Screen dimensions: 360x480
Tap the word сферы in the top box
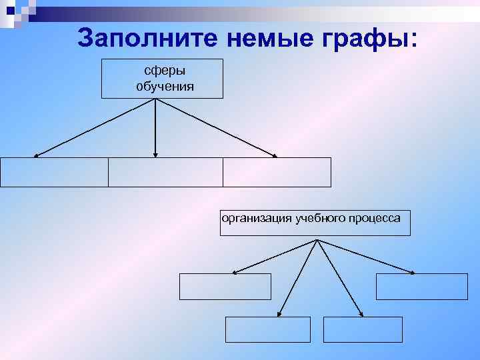163,71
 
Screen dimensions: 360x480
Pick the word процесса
377,219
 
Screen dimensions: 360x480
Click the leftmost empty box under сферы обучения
54,172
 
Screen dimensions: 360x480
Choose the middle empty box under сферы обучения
165,172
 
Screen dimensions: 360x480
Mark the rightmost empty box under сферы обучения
277,172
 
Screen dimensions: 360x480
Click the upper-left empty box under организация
225,287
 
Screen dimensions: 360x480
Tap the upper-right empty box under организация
422,287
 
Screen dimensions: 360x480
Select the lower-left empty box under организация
268,329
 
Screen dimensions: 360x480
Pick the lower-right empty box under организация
363,329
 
